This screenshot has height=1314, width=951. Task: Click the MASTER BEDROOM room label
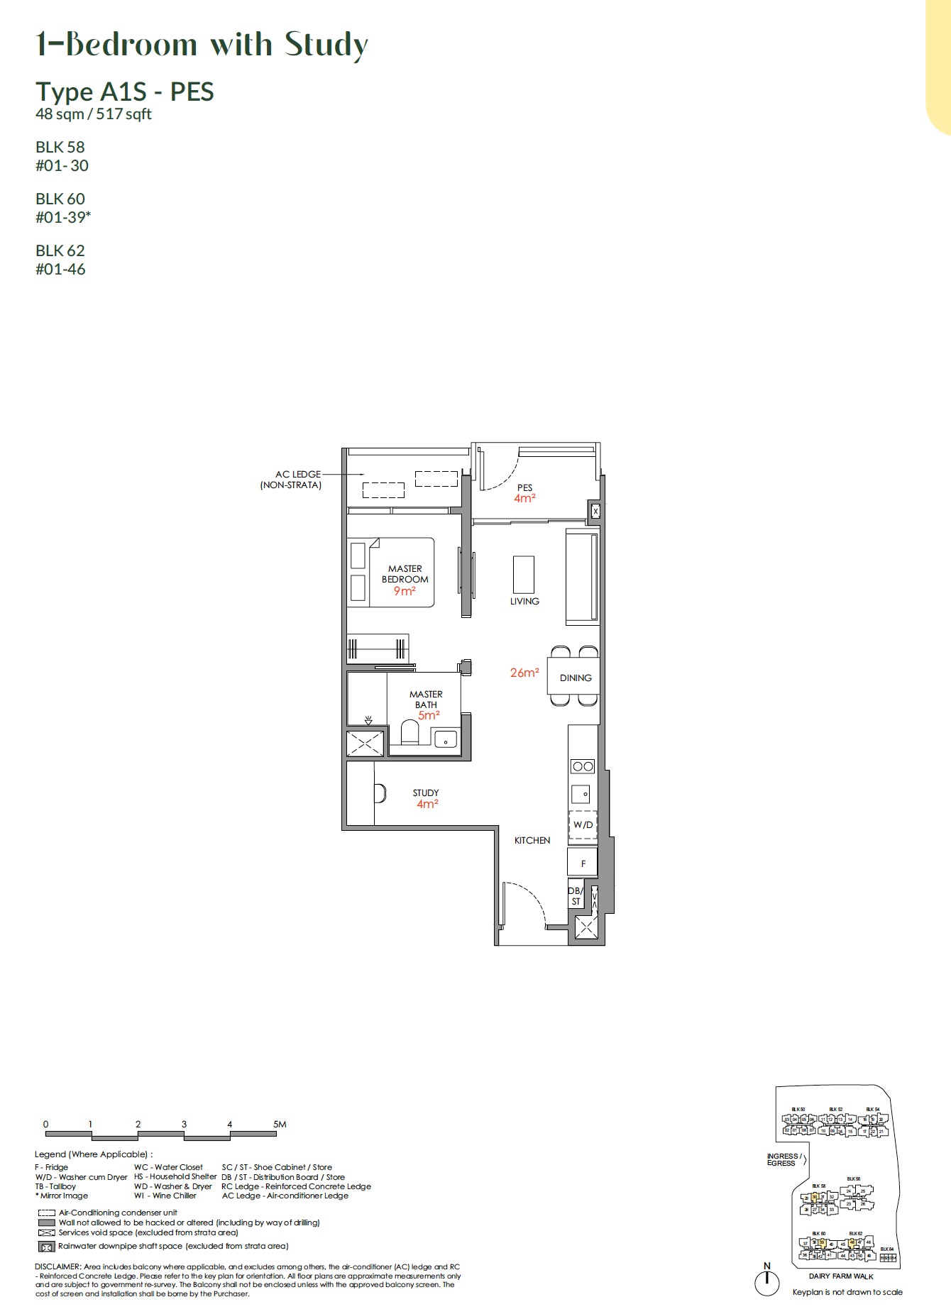(x=405, y=574)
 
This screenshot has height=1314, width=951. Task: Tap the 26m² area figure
(x=524, y=673)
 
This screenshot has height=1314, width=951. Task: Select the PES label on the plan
(x=524, y=487)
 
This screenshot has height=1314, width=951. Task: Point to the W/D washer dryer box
(x=583, y=824)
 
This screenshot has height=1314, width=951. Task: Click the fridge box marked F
(x=583, y=863)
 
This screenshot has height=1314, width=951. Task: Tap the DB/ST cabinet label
(x=576, y=896)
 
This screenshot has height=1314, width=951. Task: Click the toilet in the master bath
(x=410, y=733)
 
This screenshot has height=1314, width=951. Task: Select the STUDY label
(x=426, y=793)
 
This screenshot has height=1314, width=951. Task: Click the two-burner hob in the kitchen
(x=583, y=766)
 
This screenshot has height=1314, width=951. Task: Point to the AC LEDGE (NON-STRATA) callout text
(x=292, y=480)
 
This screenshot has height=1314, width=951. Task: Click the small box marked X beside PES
(x=595, y=511)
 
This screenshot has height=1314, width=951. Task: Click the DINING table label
(x=576, y=678)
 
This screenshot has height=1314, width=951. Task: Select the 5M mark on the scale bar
(x=279, y=1124)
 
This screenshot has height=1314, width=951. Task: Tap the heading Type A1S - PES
(x=125, y=92)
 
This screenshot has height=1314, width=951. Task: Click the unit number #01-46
(x=60, y=270)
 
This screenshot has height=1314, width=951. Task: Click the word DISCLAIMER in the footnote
(x=57, y=1266)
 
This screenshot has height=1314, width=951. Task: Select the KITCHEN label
(x=532, y=840)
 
